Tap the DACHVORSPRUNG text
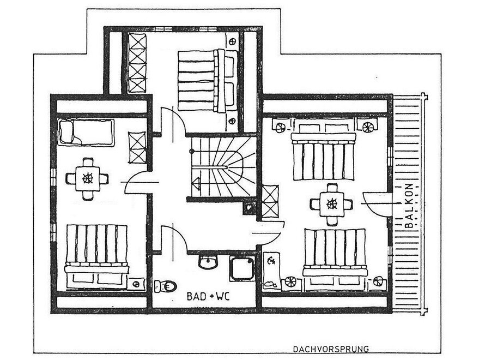(331, 349)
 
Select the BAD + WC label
(208, 296)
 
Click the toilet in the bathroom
(165, 286)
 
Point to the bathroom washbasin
(208, 262)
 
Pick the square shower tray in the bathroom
(242, 269)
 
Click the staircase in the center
(223, 167)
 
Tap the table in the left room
(87, 179)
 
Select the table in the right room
(331, 204)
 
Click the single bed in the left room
(86, 132)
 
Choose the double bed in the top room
(208, 80)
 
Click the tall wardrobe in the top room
(137, 63)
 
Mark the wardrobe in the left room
(137, 148)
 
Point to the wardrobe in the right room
(270, 201)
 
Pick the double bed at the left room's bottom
(96, 256)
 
